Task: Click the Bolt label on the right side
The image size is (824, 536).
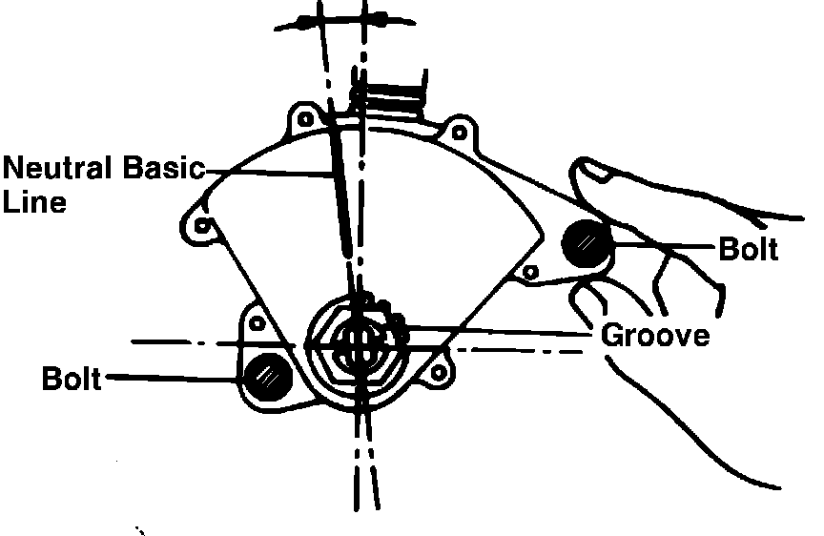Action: coord(748,250)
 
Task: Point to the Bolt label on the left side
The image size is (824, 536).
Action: coord(71,379)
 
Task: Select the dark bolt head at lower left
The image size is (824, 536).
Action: coord(266,375)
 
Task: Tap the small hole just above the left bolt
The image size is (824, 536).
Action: coord(256,323)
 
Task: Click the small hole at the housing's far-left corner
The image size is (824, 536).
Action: coord(202,225)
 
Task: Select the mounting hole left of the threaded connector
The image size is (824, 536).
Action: coord(304,120)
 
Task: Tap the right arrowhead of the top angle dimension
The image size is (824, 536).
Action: coord(376,19)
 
